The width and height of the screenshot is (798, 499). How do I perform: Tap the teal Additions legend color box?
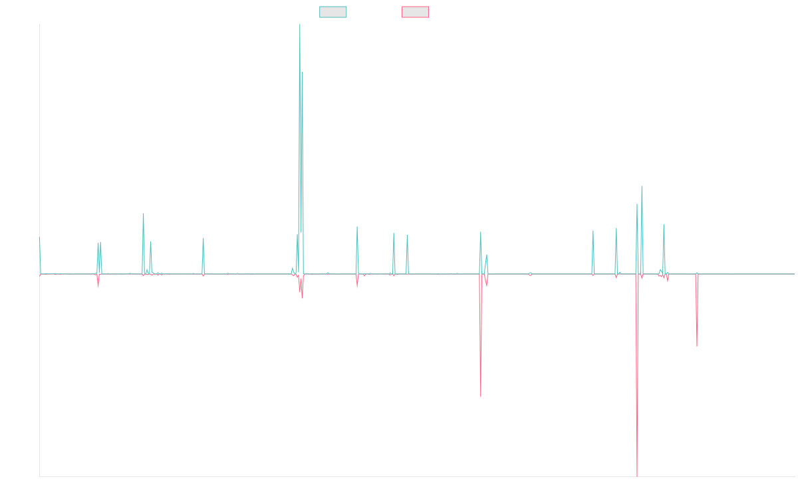pyautogui.click(x=333, y=12)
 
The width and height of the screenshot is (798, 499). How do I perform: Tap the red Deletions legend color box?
pyautogui.click(x=415, y=12)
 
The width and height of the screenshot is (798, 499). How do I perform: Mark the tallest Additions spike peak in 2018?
pyautogui.click(x=300, y=25)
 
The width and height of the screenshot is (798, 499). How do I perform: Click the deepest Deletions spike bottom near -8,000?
pyautogui.click(x=637, y=476)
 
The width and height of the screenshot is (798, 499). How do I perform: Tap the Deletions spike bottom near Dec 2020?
pyautogui.click(x=481, y=397)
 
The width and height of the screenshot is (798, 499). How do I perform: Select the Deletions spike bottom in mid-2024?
pyautogui.click(x=697, y=346)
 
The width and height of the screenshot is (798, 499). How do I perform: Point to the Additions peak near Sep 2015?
pyautogui.click(x=144, y=214)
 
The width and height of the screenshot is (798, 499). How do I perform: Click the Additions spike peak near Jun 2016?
pyautogui.click(x=203, y=238)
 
